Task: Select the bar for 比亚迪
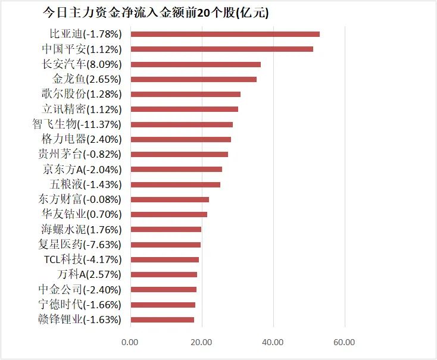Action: [x=224, y=34]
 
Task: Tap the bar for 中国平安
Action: [x=221, y=49]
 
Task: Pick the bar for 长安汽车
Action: [x=195, y=64]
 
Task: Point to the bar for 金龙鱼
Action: [x=193, y=79]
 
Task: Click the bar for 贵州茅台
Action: [x=179, y=154]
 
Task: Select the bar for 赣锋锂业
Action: [x=162, y=320]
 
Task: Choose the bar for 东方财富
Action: [x=169, y=199]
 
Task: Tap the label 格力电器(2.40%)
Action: [x=81, y=139]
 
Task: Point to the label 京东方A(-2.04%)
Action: [x=82, y=170]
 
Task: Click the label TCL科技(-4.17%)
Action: [x=82, y=259]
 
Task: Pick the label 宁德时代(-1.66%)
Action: [x=79, y=305]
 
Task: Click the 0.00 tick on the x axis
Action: [x=129, y=342]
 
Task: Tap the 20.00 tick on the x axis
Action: [x=201, y=342]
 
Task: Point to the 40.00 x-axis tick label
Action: [x=273, y=342]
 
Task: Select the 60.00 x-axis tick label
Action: [x=345, y=342]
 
